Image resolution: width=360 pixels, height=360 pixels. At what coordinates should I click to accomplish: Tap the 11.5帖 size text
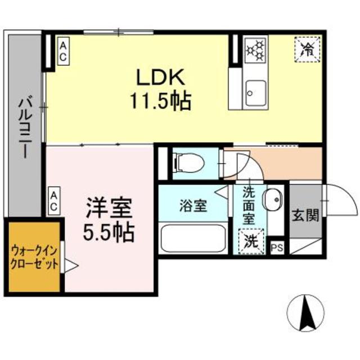coord(160,101)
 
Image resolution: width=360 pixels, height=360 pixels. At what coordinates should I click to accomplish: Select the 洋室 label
coord(109,208)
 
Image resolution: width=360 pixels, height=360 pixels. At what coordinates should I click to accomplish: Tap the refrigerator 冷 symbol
coord(307,48)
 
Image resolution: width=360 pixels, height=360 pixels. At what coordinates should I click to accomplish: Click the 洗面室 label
coord(249,206)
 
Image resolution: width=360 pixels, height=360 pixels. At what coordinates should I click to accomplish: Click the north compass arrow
coord(308,313)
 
